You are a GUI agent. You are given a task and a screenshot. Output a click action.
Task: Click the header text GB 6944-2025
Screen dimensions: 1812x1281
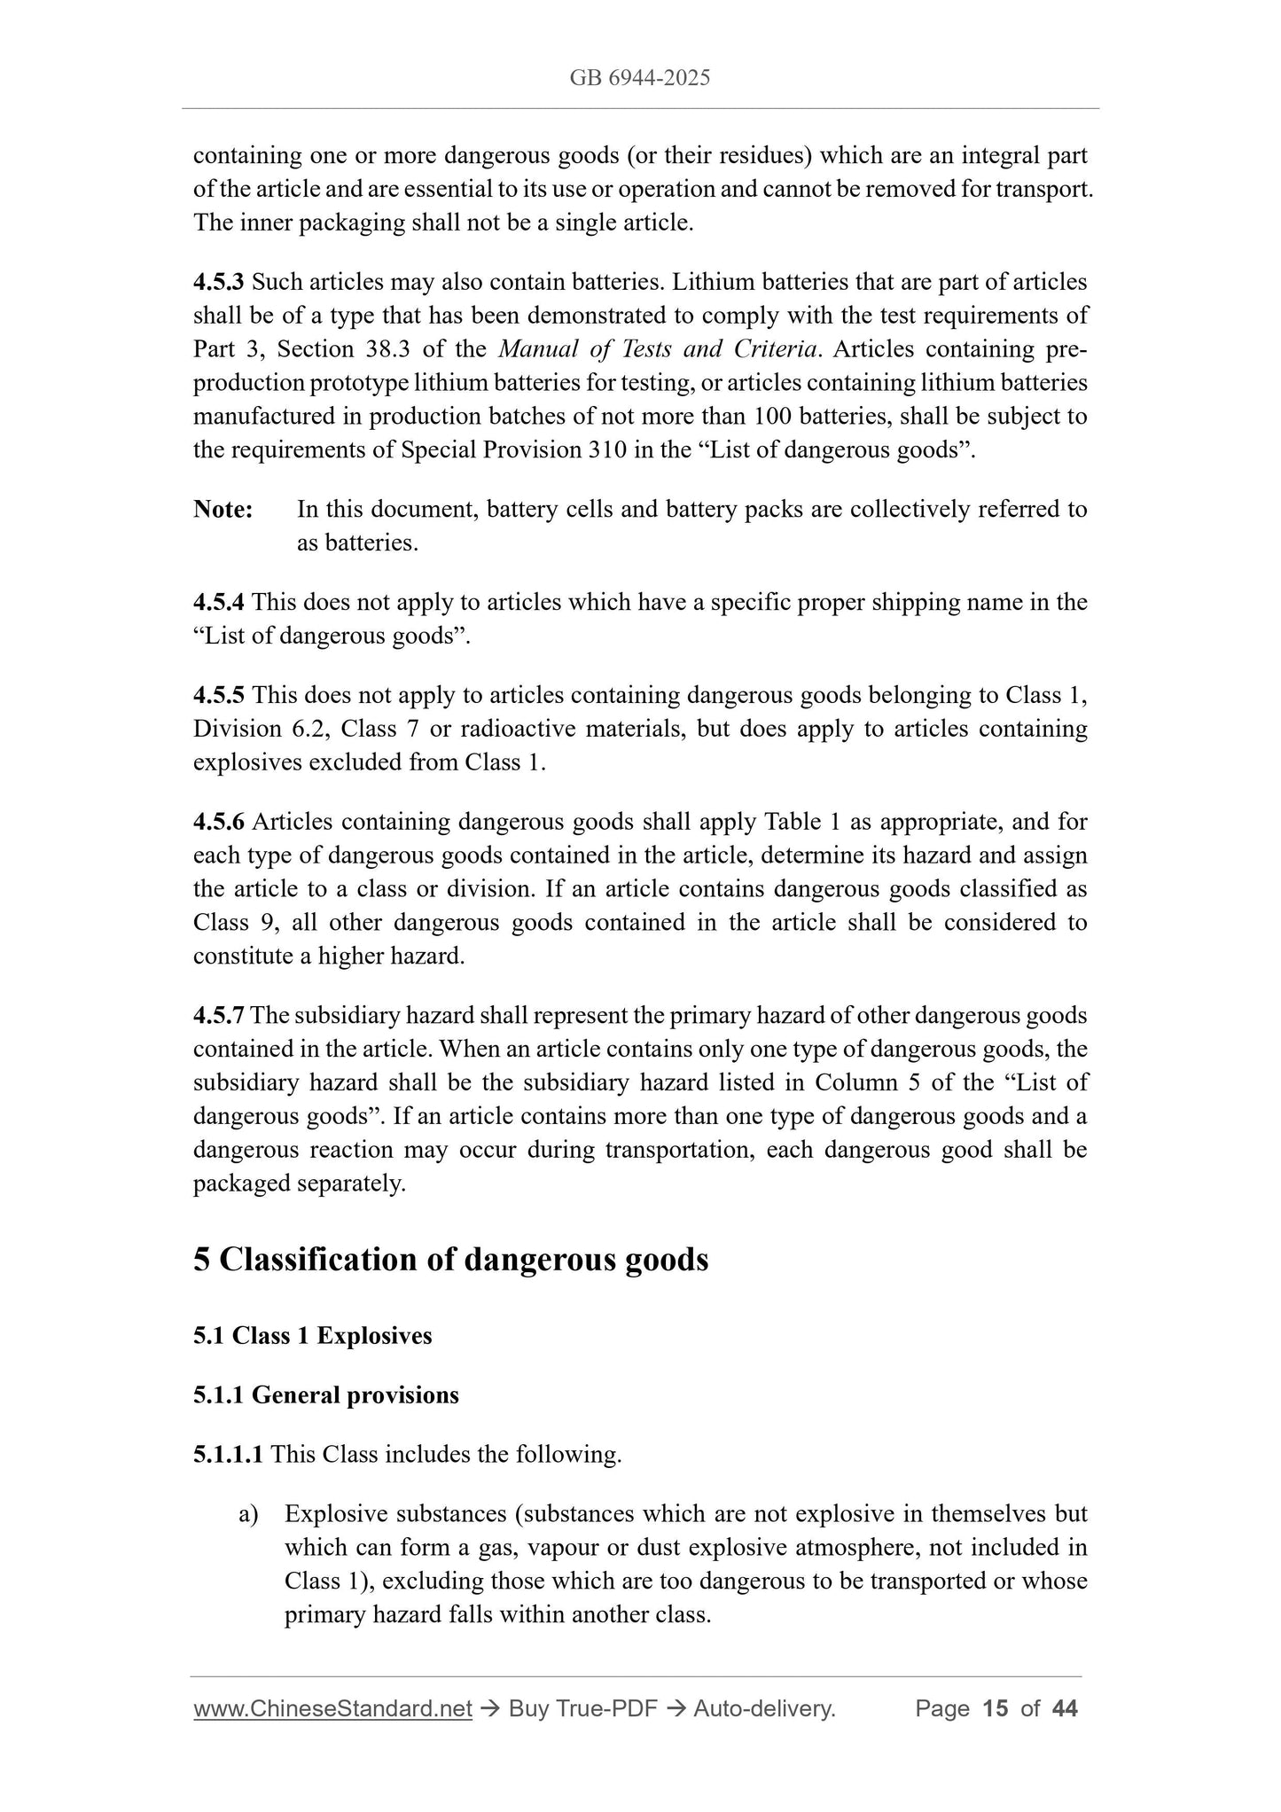[639, 78]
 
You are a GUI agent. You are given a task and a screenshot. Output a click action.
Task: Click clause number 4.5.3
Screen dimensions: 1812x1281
[219, 282]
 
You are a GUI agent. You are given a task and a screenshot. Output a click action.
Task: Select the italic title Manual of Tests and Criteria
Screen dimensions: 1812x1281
[657, 349]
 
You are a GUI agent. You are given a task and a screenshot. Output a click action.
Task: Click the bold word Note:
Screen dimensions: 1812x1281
[223, 510]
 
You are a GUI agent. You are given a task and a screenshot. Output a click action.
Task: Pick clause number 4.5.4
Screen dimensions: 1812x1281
[219, 603]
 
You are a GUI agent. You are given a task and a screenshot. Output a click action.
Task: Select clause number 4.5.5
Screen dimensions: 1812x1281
[219, 695]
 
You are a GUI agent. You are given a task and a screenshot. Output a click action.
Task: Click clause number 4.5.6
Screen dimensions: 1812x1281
[219, 822]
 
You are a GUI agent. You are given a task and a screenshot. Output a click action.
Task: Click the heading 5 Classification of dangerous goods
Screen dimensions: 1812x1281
[450, 1260]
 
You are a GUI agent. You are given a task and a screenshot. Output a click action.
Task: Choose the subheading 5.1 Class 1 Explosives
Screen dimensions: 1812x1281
[312, 1336]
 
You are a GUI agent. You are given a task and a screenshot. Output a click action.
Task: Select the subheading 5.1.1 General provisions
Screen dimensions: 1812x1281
[325, 1395]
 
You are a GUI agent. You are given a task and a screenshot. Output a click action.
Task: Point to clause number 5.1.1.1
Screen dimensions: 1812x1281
[228, 1455]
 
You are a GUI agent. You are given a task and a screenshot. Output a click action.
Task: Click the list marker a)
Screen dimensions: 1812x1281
[248, 1514]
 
